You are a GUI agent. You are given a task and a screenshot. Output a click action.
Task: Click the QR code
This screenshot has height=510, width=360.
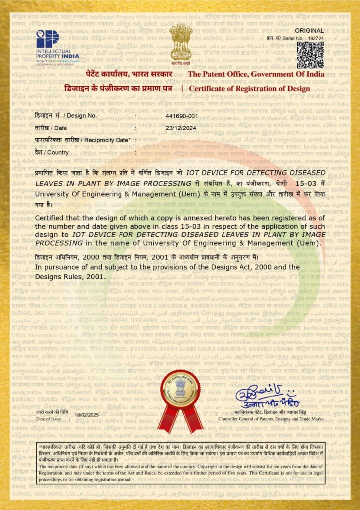click(x=310, y=54)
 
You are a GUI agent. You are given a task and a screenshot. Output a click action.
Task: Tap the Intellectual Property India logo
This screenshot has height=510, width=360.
click(x=57, y=45)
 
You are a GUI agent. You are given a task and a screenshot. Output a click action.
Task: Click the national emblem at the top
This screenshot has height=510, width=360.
click(x=180, y=43)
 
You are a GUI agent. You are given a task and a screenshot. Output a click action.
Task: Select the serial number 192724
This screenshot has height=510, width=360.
click(x=315, y=38)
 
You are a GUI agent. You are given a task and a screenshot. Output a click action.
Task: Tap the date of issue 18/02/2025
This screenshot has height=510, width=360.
click(x=87, y=415)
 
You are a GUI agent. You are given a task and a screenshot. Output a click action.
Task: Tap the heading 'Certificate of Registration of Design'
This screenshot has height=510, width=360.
click(x=249, y=88)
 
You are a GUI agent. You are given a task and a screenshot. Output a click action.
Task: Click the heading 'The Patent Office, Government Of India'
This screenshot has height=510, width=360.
click(x=255, y=74)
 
